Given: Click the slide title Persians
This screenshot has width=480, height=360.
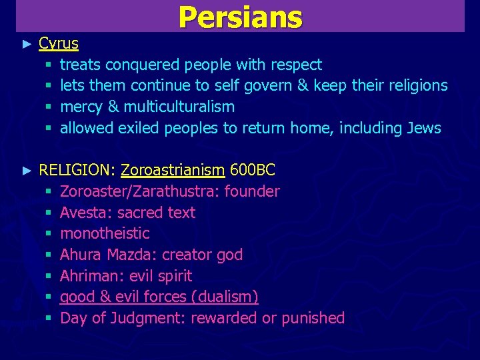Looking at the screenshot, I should click(x=240, y=17).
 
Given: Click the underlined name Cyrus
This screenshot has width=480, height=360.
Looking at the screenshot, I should click(x=59, y=44).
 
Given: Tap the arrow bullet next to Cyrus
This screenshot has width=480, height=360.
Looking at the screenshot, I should click(x=27, y=44).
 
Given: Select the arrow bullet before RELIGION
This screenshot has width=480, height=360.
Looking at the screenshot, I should click(x=27, y=171).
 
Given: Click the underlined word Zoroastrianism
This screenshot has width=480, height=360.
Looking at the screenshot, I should click(x=173, y=171).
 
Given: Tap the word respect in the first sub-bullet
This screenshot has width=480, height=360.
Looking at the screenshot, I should click(x=296, y=65).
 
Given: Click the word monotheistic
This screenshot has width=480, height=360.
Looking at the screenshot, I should click(x=105, y=233).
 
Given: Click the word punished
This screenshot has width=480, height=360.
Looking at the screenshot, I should click(x=313, y=318).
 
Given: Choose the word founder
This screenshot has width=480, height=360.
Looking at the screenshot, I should click(x=252, y=192).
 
